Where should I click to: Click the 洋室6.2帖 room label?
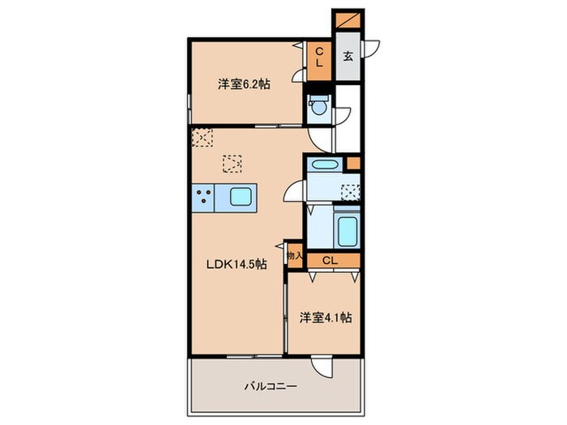point(242,83)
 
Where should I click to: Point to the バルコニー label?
point(271,387)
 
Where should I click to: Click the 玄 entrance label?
point(347,57)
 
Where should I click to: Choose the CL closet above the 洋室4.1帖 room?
point(330,260)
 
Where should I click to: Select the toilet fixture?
point(319,105)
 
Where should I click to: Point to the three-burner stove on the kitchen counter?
point(203,197)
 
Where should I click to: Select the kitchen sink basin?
point(240,197)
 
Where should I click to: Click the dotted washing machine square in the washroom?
point(351,193)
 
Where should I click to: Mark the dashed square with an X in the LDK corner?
point(201,136)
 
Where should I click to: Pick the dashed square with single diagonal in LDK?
point(232,164)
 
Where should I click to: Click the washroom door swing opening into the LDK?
point(294,191)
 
